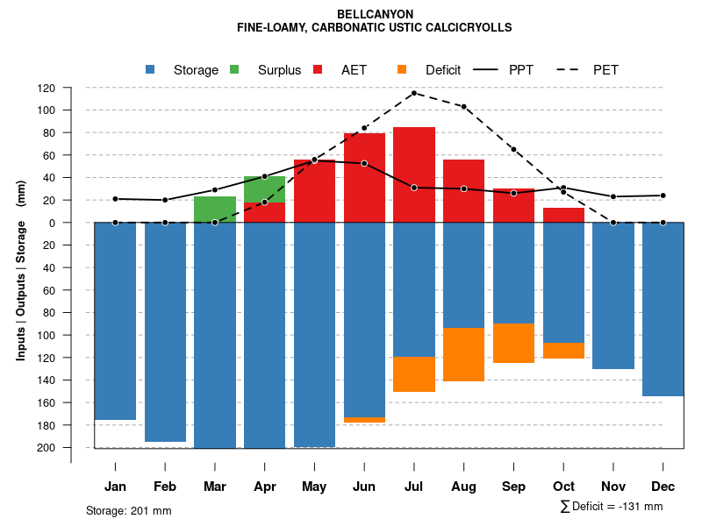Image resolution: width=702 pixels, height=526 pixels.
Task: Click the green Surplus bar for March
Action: point(215,210)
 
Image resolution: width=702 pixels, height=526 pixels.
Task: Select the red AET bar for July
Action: point(414,174)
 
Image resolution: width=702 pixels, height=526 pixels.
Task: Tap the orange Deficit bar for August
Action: point(463,354)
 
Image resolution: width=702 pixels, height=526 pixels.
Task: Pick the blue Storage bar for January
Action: point(115,321)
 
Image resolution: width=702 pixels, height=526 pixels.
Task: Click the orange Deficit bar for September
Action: point(513,343)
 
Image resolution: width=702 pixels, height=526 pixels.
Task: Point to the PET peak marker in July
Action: point(413,93)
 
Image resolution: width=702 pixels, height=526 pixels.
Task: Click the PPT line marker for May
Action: point(314,160)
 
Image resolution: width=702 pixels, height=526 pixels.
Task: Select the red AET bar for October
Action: point(563,215)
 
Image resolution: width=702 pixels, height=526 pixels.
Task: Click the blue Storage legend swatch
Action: point(150,69)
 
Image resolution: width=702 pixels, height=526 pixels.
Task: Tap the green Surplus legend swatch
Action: point(234,69)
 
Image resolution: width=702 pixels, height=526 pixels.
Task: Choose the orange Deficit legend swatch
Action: point(402,69)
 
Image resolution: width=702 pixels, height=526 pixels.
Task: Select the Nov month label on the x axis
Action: point(613,487)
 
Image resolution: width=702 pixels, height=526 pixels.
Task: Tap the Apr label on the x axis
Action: point(265,487)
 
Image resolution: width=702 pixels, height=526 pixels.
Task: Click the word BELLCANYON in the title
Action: point(375,14)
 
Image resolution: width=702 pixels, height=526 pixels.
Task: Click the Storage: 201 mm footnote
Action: point(128,510)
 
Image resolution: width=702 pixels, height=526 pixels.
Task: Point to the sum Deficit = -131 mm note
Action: point(611,507)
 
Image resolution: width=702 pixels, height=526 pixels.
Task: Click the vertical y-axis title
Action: point(21,268)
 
